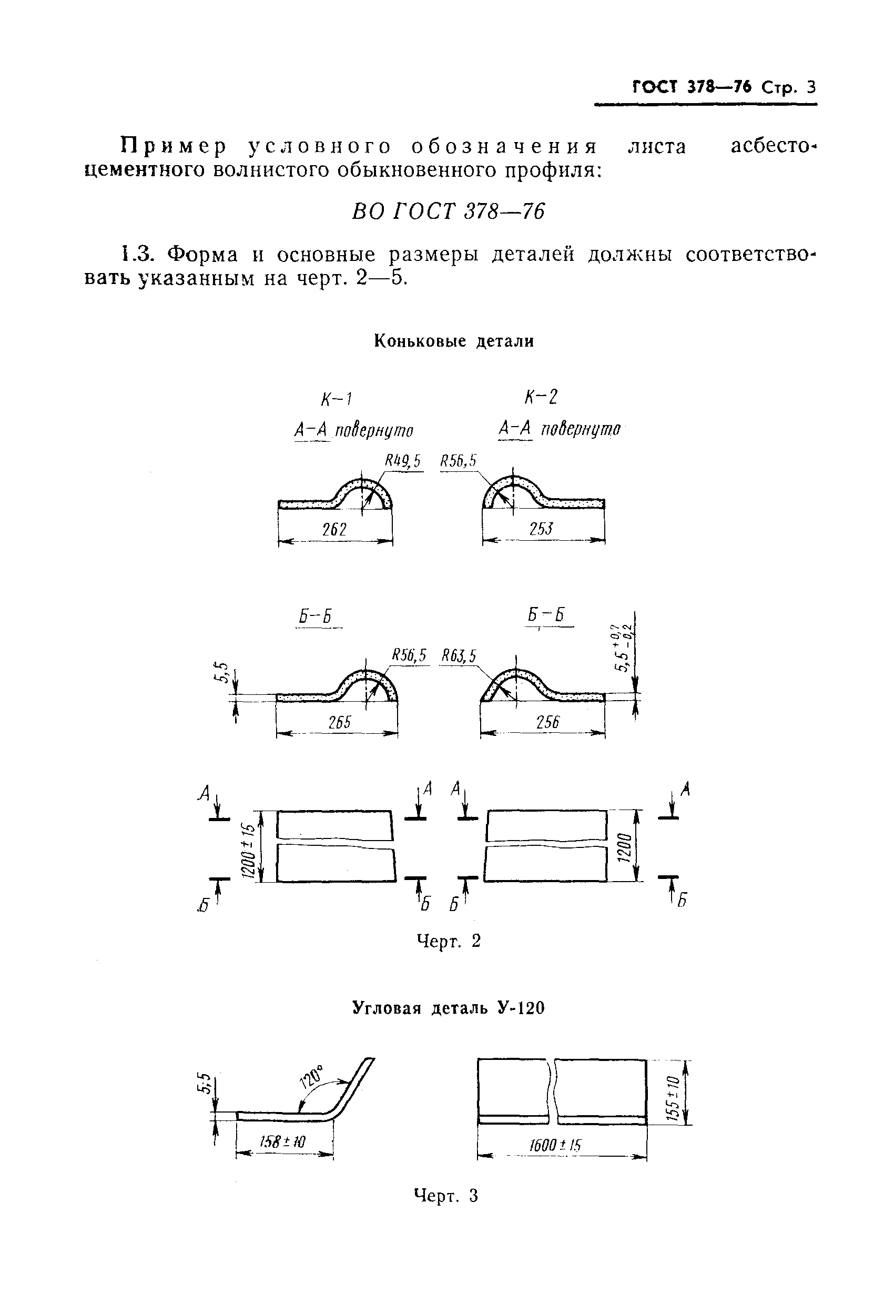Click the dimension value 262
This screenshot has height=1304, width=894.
(334, 529)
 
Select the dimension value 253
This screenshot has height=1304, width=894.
(541, 529)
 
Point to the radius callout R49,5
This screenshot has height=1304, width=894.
(402, 462)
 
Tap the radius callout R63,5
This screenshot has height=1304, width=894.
(459, 656)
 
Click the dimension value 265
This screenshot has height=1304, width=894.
(339, 722)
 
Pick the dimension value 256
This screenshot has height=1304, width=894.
(547, 722)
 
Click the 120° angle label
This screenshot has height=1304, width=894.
(312, 1076)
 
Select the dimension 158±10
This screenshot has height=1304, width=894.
(283, 1141)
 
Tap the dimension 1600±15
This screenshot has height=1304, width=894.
(555, 1145)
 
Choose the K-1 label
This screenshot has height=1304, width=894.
(337, 399)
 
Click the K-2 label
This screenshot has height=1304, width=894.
(541, 397)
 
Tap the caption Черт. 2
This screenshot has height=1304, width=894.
(449, 941)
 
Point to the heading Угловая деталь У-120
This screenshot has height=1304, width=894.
(448, 1008)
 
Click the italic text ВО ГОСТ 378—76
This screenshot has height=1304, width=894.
(448, 211)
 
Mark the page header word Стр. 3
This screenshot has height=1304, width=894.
(788, 87)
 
